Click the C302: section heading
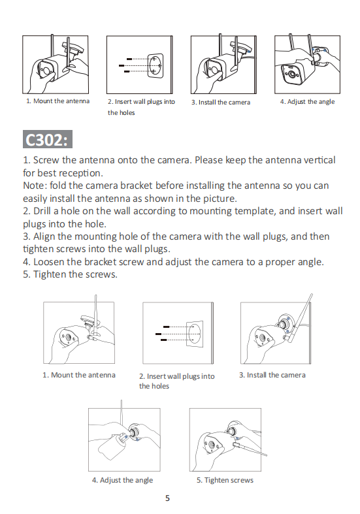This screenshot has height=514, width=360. pyautogui.click(x=48, y=140)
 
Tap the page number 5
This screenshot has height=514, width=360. pyautogui.click(x=167, y=498)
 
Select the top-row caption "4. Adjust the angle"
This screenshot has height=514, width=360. pyautogui.click(x=307, y=102)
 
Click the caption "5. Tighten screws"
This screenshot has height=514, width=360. pyautogui.click(x=225, y=480)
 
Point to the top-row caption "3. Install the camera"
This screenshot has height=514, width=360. pyautogui.click(x=221, y=103)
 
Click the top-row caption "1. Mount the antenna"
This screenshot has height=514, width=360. pyautogui.click(x=57, y=101)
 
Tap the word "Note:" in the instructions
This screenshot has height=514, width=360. pyautogui.click(x=35, y=185)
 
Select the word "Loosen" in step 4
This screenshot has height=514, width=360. pyautogui.click(x=48, y=262)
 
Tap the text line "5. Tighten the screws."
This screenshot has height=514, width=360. pyautogui.click(x=70, y=274)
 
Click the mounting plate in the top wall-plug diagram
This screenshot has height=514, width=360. pyautogui.click(x=155, y=65)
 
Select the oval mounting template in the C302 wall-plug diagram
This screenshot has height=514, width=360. pyautogui.click(x=194, y=333)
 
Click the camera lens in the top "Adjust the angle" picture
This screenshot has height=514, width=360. pyautogui.click(x=291, y=74)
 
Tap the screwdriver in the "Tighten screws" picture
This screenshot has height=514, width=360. pyautogui.click(x=250, y=449)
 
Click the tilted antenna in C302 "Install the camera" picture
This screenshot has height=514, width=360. pyautogui.click(x=301, y=318)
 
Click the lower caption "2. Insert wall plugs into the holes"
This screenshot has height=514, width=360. pyautogui.click(x=176, y=381)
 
